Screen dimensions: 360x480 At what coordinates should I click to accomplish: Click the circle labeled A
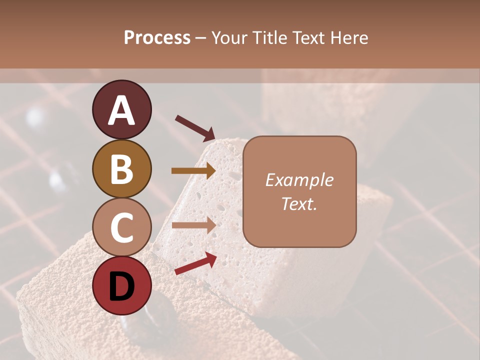tap(121, 109)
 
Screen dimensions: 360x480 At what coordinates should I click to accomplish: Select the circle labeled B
tap(121, 168)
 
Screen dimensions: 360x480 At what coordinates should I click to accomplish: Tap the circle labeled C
tap(121, 227)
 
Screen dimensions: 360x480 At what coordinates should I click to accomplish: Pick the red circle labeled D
tap(121, 285)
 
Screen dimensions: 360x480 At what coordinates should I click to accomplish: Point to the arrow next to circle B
tap(193, 171)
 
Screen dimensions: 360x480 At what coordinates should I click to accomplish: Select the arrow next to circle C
tap(193, 226)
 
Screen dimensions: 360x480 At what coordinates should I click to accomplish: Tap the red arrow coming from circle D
tap(195, 263)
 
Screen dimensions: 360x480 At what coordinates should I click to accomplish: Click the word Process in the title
tap(157, 37)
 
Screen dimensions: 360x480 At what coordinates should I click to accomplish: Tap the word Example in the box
tap(299, 180)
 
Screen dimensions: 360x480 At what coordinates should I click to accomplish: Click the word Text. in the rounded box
tap(299, 203)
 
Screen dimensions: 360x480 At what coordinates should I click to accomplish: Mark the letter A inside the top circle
tap(121, 110)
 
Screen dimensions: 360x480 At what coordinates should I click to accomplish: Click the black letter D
tap(121, 286)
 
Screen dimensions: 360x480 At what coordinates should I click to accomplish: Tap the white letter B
tap(121, 169)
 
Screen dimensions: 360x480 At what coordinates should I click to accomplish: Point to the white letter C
tap(121, 227)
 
